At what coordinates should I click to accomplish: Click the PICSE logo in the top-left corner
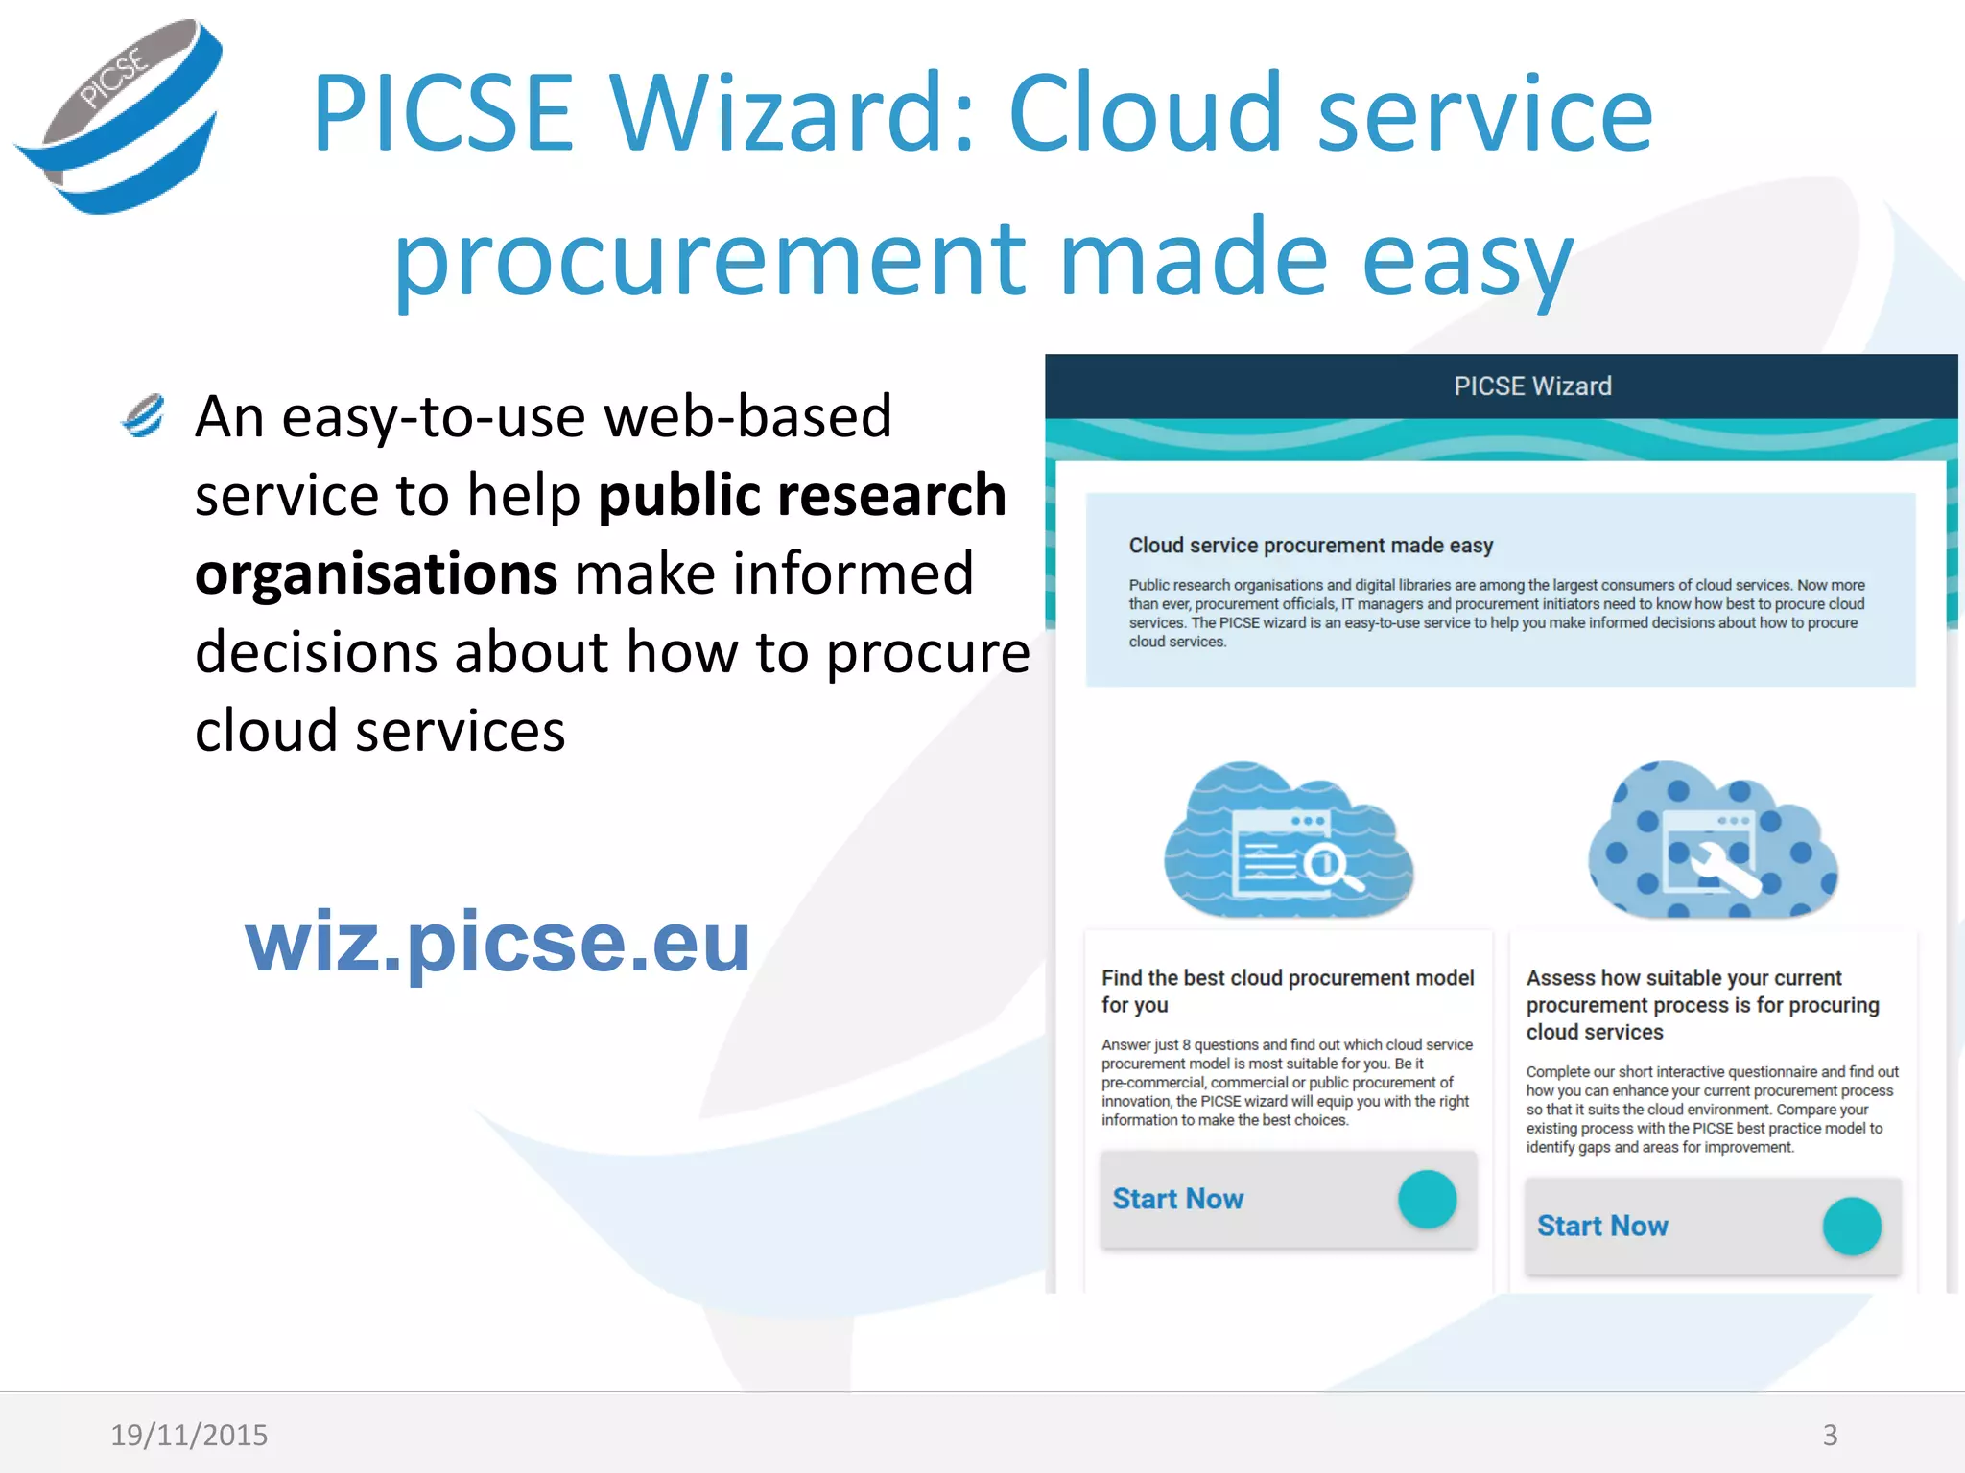[x=120, y=115]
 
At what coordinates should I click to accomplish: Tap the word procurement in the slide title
[x=710, y=257]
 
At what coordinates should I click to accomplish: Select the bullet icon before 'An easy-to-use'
[x=144, y=416]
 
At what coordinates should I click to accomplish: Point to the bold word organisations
[x=376, y=573]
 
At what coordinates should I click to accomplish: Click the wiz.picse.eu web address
[x=497, y=942]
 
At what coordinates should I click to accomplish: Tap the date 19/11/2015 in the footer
[x=189, y=1435]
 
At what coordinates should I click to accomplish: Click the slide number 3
[x=1830, y=1435]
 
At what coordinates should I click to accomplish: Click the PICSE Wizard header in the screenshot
[x=1532, y=386]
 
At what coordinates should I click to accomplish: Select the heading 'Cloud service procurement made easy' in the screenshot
[x=1311, y=545]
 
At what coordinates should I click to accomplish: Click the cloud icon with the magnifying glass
[x=1288, y=840]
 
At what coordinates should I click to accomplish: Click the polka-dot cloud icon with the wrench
[x=1713, y=840]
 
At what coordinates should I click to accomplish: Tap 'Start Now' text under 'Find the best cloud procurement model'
[x=1177, y=1199]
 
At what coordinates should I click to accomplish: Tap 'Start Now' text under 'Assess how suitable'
[x=1602, y=1226]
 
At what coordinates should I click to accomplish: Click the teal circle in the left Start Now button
[x=1427, y=1199]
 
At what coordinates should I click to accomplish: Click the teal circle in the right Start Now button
[x=1852, y=1226]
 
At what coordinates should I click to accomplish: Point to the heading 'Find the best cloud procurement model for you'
[x=1288, y=991]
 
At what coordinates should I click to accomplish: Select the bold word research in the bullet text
[x=891, y=495]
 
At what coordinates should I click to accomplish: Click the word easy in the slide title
[x=1468, y=257]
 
